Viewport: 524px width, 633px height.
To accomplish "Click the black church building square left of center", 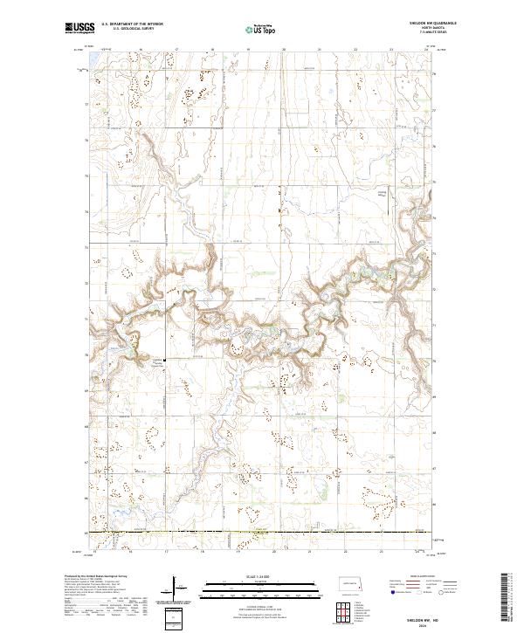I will [163, 358].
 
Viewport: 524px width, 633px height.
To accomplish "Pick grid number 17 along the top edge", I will [177, 50].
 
